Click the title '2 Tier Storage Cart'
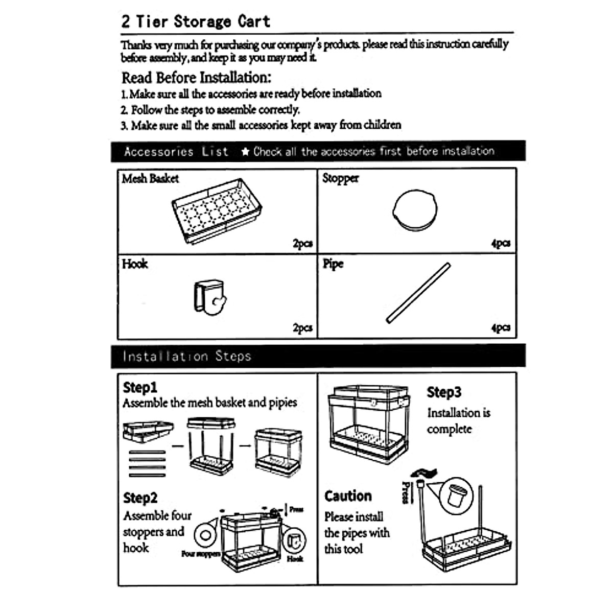coord(195,21)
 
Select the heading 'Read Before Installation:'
coord(196,78)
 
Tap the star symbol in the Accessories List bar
coord(245,152)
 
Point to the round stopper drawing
coord(415,210)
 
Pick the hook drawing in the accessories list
coord(209,297)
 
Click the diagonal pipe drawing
coord(418,293)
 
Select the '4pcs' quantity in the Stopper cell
coord(501,243)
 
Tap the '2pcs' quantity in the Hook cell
coord(302,328)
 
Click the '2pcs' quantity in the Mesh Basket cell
coord(302,243)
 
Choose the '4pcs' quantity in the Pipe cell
coord(501,328)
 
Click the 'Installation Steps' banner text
coord(187,356)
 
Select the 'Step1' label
coord(140,387)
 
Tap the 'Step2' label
coord(140,498)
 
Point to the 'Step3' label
coord(444,392)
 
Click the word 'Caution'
coord(348,496)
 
